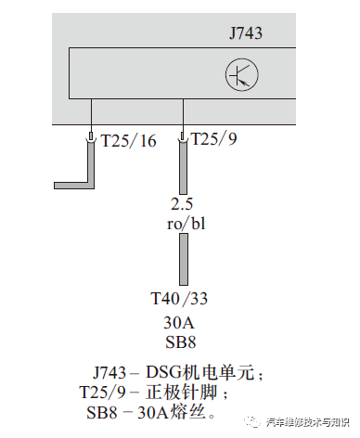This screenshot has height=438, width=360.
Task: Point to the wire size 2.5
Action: coord(182,203)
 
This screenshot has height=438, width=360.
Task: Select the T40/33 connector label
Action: coord(181,300)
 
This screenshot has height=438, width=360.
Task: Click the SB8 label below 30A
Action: coord(182,341)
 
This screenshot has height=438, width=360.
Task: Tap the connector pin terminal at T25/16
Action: coord(90,138)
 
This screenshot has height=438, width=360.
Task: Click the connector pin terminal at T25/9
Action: coord(183,138)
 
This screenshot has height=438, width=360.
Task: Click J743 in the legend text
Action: coord(113,373)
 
